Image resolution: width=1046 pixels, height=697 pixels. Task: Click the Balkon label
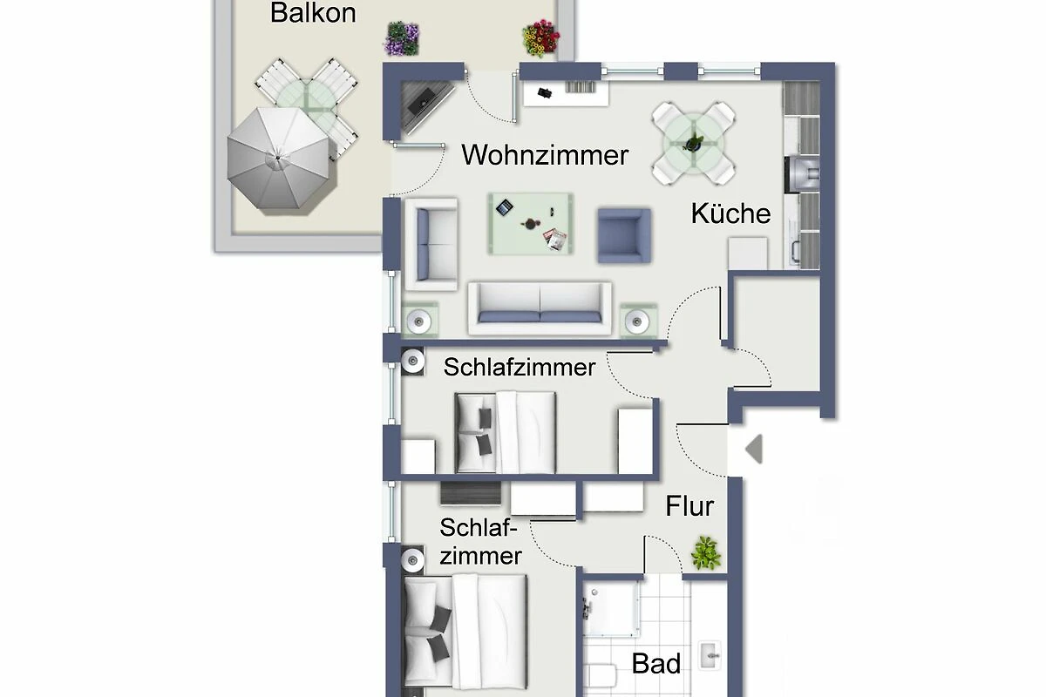click(x=313, y=12)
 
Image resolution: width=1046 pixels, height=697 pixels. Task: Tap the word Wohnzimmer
click(x=545, y=155)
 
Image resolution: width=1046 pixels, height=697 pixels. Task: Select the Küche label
click(x=730, y=213)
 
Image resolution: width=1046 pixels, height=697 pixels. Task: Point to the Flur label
click(x=689, y=506)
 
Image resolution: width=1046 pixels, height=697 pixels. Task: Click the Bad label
click(x=656, y=663)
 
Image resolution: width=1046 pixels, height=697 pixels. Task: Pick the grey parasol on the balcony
click(x=279, y=159)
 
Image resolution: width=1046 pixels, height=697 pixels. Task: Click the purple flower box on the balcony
click(x=402, y=38)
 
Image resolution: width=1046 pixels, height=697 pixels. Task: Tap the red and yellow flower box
click(x=540, y=37)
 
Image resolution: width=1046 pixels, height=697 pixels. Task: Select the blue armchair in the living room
click(x=624, y=236)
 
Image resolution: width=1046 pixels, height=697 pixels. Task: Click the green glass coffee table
click(x=531, y=224)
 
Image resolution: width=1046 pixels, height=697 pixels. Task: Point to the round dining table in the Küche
click(x=694, y=144)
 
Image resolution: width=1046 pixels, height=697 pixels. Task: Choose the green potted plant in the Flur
click(x=705, y=553)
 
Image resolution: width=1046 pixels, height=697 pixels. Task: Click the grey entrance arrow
click(x=754, y=449)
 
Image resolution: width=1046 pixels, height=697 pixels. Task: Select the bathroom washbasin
click(x=710, y=655)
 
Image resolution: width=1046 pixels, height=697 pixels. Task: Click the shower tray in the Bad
click(x=611, y=609)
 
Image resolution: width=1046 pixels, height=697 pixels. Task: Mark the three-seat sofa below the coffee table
click(x=540, y=308)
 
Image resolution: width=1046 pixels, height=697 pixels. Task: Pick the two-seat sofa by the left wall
click(x=431, y=245)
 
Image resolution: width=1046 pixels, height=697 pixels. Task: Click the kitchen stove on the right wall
click(x=803, y=174)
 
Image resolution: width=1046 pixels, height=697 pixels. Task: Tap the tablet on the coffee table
click(x=505, y=207)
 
